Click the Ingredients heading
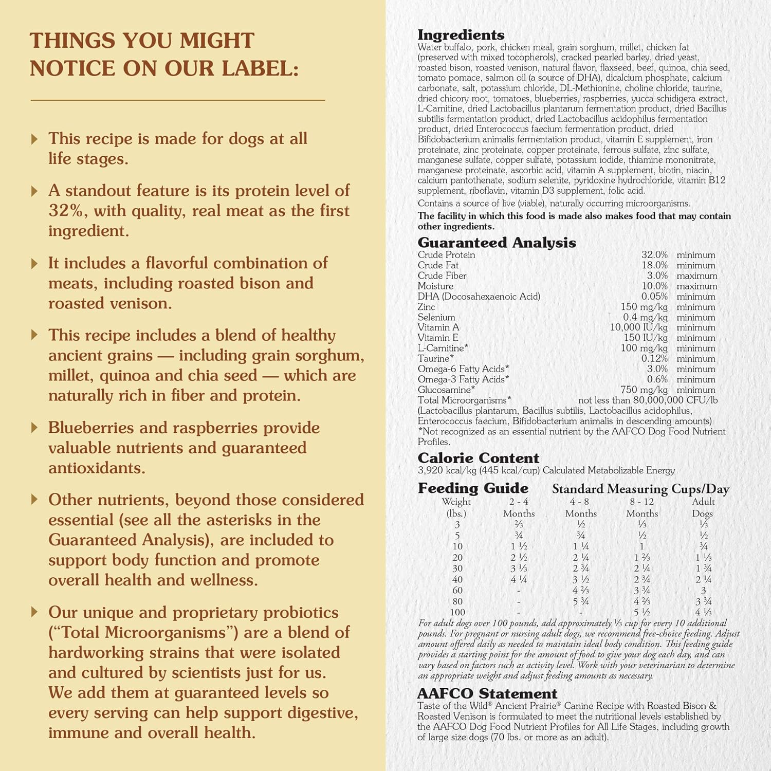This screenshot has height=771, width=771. click(x=461, y=35)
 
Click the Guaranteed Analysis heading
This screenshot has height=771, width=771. click(x=497, y=243)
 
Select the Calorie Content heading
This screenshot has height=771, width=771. click(x=478, y=458)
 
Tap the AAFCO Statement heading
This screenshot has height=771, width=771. click(x=487, y=693)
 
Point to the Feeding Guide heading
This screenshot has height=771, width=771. click(x=473, y=488)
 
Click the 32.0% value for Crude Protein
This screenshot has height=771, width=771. click(x=654, y=255)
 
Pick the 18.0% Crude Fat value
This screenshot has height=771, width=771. click(x=654, y=265)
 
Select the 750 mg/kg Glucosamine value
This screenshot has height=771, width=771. click(x=644, y=390)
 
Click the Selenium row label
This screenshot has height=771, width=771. click(x=436, y=317)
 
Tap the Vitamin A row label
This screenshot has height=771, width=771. click(x=438, y=327)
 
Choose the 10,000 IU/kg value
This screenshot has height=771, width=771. click(x=638, y=327)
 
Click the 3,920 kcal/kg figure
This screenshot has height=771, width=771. click(x=447, y=470)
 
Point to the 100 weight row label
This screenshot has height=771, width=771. click(x=457, y=612)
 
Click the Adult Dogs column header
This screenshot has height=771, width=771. click(x=703, y=507)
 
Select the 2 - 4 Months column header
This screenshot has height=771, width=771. click(x=519, y=507)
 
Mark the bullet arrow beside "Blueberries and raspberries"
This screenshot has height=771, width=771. click(x=34, y=428)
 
